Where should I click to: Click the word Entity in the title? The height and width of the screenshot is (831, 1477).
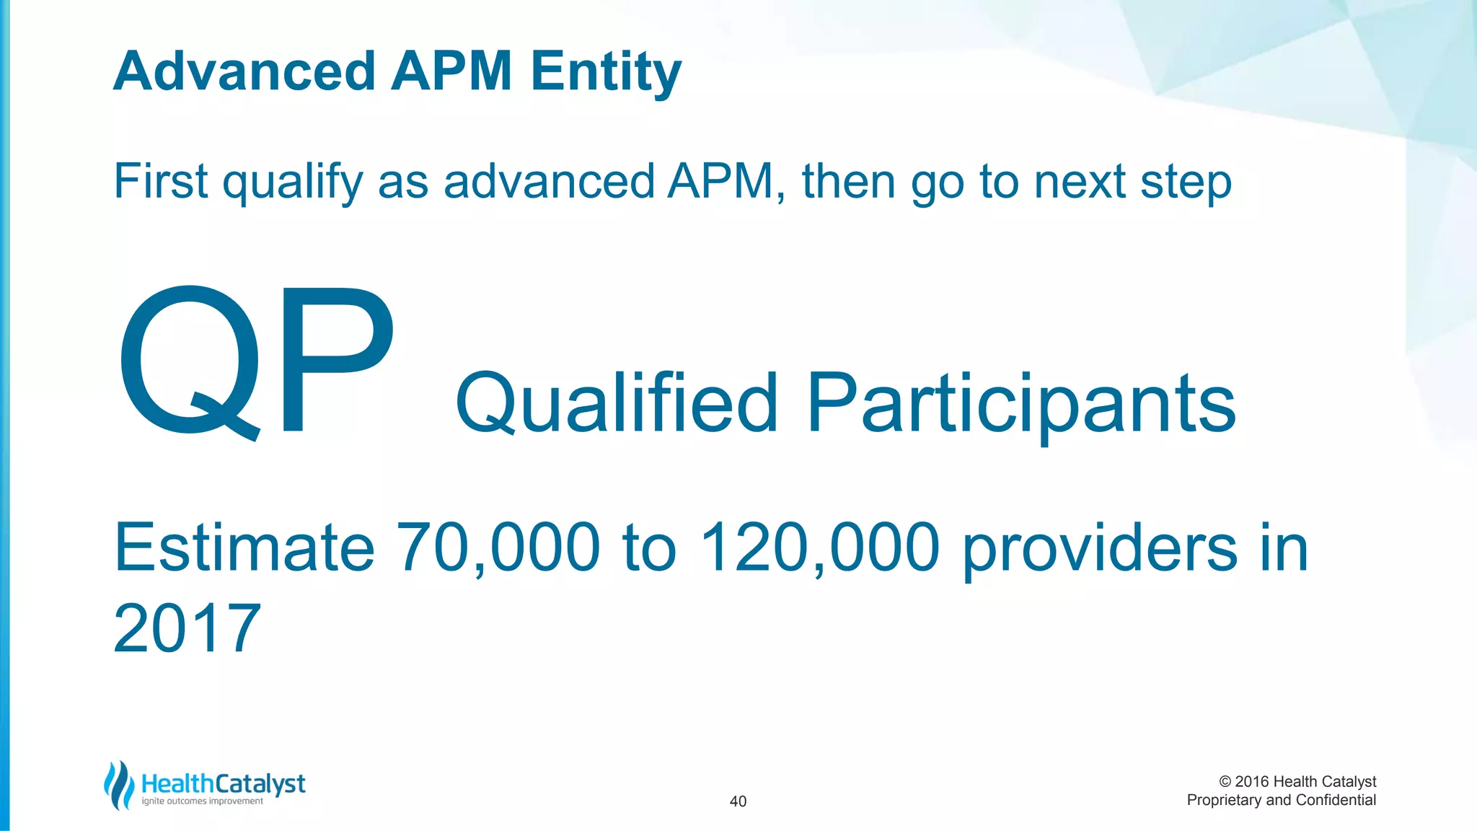point(606,72)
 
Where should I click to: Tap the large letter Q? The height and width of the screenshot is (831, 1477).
point(189,361)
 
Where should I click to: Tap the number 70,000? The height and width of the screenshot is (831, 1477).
point(498,548)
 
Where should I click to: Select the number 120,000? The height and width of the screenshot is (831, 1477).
point(820,548)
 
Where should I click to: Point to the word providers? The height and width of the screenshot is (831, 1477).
point(1100,550)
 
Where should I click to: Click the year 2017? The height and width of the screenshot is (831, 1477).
point(187,628)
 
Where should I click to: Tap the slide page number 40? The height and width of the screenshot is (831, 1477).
point(738,801)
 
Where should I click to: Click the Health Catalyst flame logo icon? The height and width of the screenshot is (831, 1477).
point(119,785)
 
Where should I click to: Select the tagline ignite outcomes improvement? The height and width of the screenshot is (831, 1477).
point(202,801)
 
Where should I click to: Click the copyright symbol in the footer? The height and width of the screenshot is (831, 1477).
point(1225,782)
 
